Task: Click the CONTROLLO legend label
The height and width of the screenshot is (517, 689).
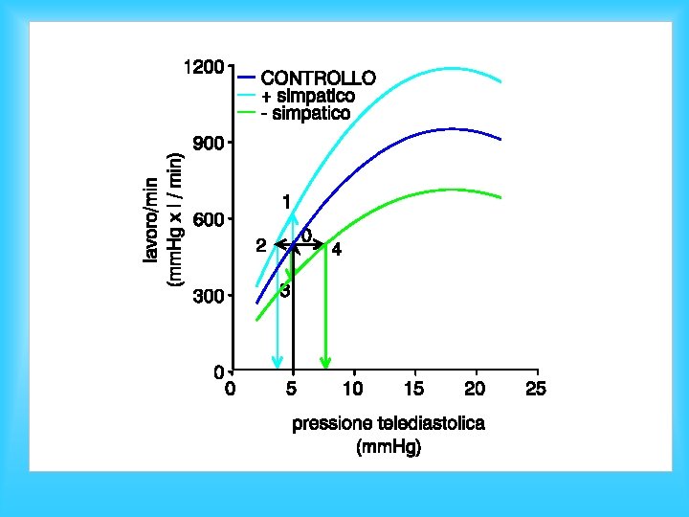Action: click(318, 78)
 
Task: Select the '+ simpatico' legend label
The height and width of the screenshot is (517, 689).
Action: click(308, 96)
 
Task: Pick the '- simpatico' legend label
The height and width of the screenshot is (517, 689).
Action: click(306, 113)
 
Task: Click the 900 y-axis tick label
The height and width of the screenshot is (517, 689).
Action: click(210, 144)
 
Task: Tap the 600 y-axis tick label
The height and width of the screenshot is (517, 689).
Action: click(210, 219)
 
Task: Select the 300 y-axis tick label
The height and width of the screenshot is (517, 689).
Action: click(210, 296)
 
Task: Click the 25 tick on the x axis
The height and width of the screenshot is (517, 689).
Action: click(536, 389)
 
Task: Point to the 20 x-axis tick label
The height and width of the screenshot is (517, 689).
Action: click(475, 389)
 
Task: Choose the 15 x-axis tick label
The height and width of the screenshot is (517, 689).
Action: click(414, 389)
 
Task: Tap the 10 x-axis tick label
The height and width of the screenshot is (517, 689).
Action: click(353, 389)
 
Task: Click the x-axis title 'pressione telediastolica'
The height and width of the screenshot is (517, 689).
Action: click(389, 424)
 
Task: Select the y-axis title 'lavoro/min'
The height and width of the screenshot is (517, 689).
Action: click(150, 220)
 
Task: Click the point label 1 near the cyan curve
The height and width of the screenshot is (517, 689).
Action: click(286, 202)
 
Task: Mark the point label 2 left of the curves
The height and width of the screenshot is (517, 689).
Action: click(261, 246)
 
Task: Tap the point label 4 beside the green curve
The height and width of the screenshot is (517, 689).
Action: click(337, 250)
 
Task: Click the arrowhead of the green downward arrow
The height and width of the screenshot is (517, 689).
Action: click(325, 364)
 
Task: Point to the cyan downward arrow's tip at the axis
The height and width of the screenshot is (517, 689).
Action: click(277, 369)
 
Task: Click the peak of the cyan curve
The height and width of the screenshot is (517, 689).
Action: click(452, 68)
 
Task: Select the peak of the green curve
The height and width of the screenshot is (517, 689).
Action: click(453, 189)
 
